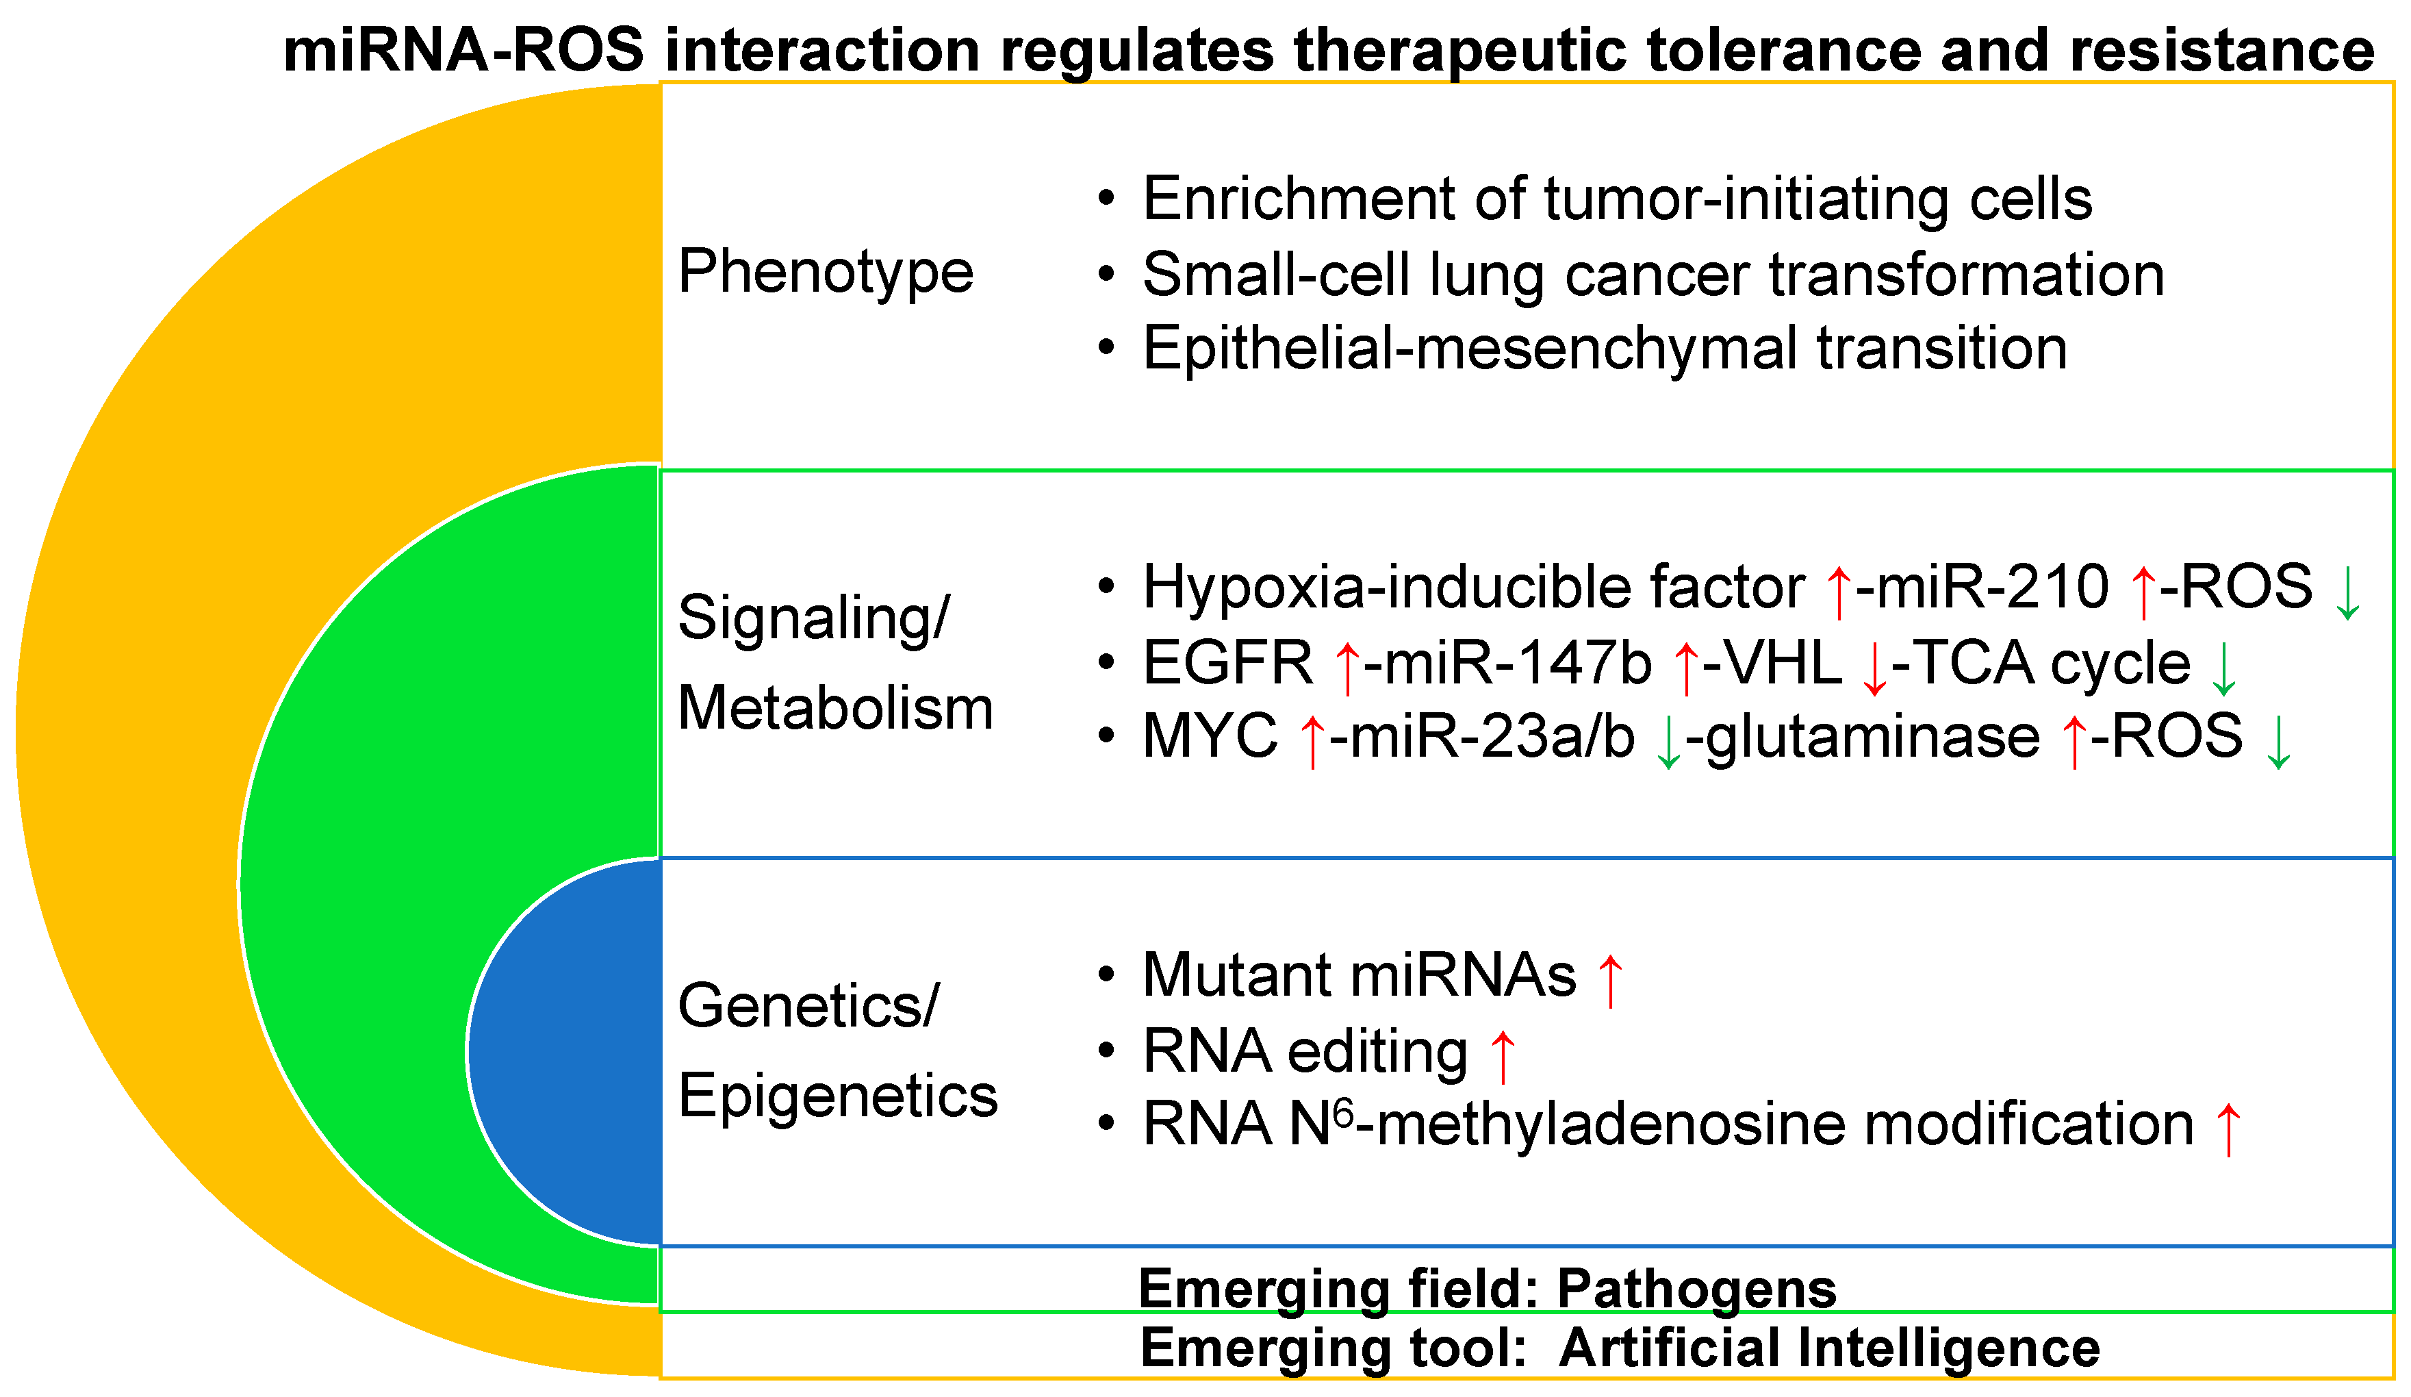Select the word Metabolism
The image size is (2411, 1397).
tap(835, 709)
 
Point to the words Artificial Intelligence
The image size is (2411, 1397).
tap(1829, 1349)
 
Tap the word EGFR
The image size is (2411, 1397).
tap(1229, 662)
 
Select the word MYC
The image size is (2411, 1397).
tap(1210, 737)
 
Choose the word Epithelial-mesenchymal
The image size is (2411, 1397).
tap(1470, 349)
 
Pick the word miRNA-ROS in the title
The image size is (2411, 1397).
tap(464, 50)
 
